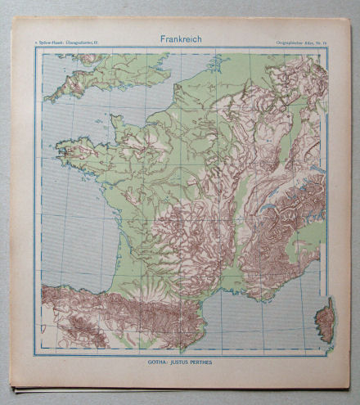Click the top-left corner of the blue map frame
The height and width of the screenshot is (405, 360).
(35, 48)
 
